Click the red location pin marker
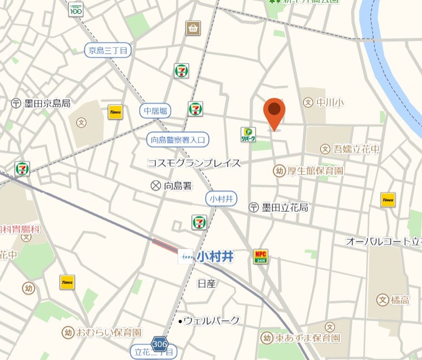[x=274, y=112]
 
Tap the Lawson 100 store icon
[x=76, y=9]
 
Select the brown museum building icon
[x=193, y=27]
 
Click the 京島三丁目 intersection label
[x=108, y=50]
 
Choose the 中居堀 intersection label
[x=155, y=110]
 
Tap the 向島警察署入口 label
[x=178, y=139]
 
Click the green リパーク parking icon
[x=248, y=135]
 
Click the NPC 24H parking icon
[x=260, y=256]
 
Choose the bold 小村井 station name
[x=215, y=257]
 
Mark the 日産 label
[x=207, y=283]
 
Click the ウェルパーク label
[x=211, y=321]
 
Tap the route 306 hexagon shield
[x=159, y=343]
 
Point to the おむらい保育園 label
[x=109, y=332]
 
